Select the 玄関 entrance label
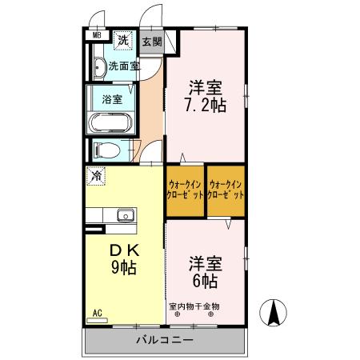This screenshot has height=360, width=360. tap(152, 42)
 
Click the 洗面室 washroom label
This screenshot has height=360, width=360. tap(124, 67)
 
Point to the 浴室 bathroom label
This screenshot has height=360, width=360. tap(111, 100)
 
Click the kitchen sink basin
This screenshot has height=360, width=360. tap(125, 215)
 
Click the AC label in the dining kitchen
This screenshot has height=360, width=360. tap(98, 313)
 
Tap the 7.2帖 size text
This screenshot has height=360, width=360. tap(205, 105)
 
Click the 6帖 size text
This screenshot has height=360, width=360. tap(205, 281)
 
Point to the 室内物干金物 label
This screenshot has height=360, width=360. tap(194, 306)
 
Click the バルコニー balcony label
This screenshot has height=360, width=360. tap(163, 340)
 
